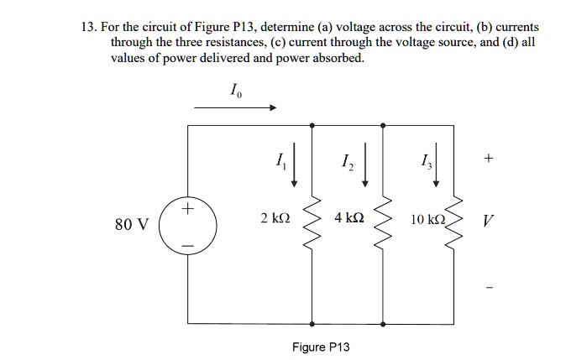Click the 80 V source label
(133, 224)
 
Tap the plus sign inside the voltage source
(188, 207)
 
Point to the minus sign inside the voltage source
(188, 243)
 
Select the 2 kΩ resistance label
(275, 219)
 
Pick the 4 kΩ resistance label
(348, 219)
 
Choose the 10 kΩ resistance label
(427, 220)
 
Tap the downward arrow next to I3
(436, 166)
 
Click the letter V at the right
(488, 224)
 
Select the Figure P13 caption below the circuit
(321, 347)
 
